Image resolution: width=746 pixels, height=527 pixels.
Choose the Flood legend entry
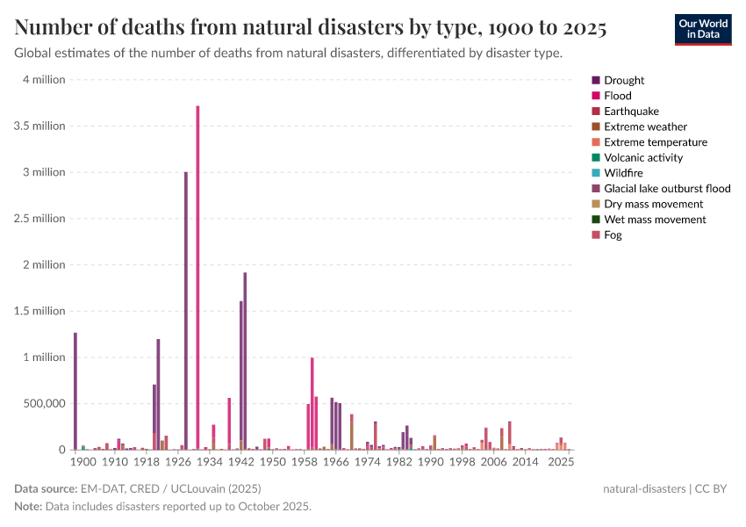[617, 96]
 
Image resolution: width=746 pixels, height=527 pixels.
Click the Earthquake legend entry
[627, 112]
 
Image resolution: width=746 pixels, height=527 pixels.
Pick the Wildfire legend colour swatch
[597, 173]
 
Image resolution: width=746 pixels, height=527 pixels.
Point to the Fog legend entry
[613, 235]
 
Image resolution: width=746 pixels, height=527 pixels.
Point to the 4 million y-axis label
[43, 80]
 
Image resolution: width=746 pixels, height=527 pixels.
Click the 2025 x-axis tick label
[561, 462]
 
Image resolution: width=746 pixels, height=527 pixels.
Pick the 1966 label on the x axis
[335, 462]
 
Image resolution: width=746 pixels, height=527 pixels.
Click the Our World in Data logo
[702, 28]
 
